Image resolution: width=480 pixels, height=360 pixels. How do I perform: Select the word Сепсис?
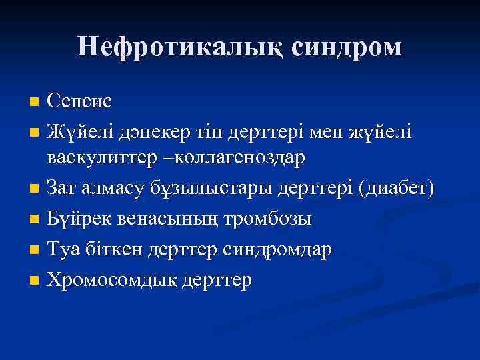pos(79,101)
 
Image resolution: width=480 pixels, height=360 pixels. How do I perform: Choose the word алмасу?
pos(111,189)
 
